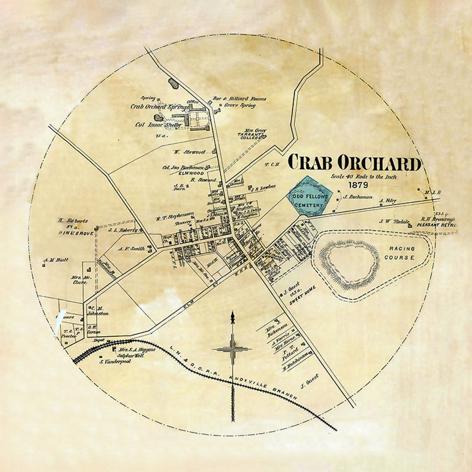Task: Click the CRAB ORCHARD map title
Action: tap(354, 163)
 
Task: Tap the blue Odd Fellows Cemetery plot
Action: tap(309, 197)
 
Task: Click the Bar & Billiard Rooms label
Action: tap(239, 99)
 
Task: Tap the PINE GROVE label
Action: tap(76, 233)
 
